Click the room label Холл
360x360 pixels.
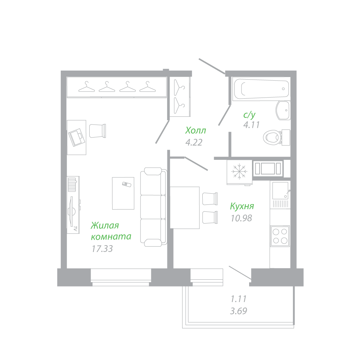click(195, 130)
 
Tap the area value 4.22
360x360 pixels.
click(194, 143)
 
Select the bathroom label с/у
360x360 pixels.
click(249, 115)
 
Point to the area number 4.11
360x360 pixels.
click(251, 125)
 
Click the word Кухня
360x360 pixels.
click(242, 206)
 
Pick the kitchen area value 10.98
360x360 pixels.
click(241, 218)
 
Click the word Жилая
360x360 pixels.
click(105, 226)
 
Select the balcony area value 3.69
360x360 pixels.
click(238, 311)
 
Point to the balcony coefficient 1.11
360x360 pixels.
click(238, 298)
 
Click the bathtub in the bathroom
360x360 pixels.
click(261, 89)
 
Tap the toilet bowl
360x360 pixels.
click(272, 137)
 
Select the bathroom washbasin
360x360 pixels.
click(283, 110)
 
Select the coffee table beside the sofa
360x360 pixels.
click(123, 193)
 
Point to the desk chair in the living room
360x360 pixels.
click(98, 130)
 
